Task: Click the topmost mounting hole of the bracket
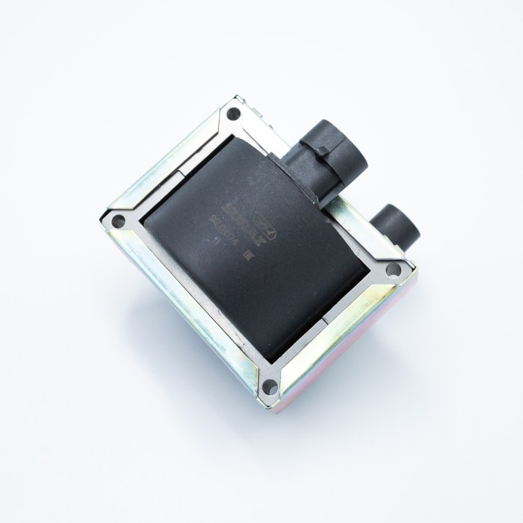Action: tap(233, 114)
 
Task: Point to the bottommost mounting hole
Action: tap(270, 386)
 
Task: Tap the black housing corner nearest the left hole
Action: tap(149, 220)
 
